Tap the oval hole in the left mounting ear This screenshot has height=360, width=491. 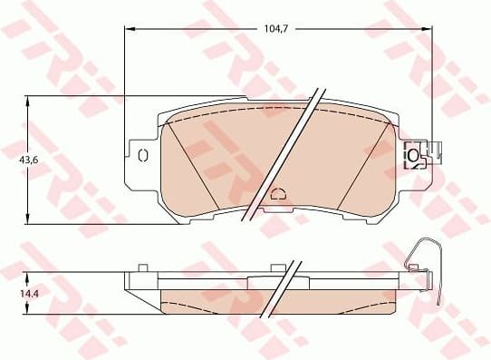tap(142, 155)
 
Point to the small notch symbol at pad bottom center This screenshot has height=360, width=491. tap(278, 192)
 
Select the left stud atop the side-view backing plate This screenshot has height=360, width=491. tap(142, 268)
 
